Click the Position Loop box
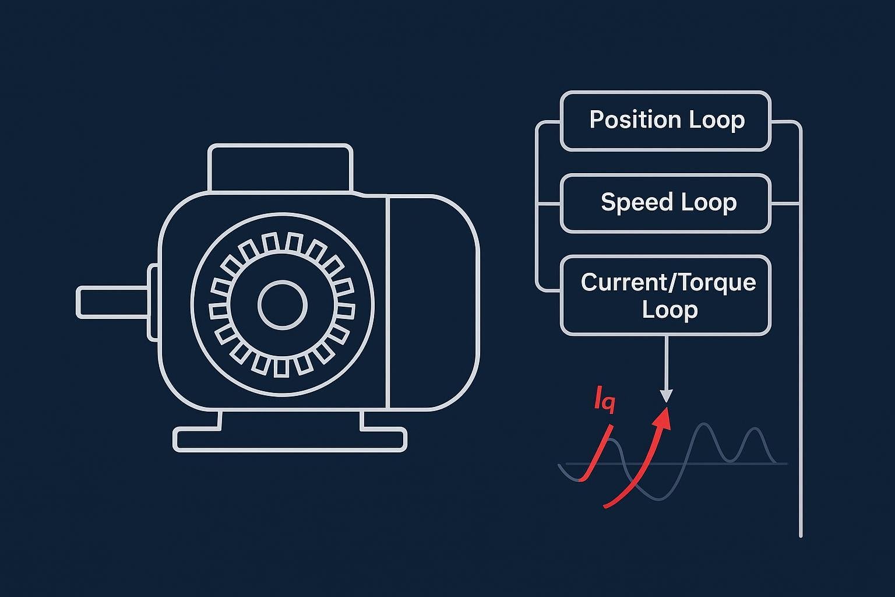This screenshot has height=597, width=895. (665, 121)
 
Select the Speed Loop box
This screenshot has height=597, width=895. (665, 203)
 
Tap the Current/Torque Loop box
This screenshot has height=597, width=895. (665, 295)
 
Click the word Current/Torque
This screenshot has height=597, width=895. (668, 282)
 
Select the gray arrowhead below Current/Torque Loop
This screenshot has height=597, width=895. (666, 396)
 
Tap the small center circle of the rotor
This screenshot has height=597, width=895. (283, 305)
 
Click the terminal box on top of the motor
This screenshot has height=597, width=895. (280, 167)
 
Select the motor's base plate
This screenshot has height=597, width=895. (290, 439)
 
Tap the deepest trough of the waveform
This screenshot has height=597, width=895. (660, 498)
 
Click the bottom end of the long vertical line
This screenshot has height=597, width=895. (801, 534)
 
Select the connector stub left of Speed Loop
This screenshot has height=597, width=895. (548, 204)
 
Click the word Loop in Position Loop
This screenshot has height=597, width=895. (717, 120)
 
